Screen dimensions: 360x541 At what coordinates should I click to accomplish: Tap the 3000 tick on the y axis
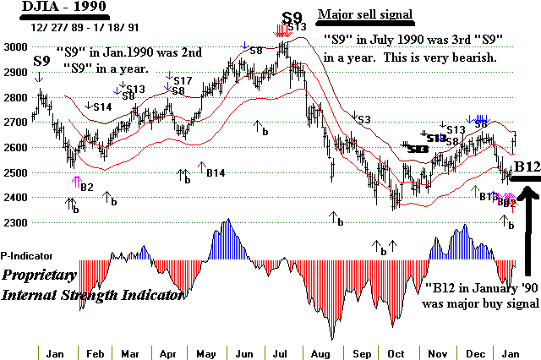(16, 47)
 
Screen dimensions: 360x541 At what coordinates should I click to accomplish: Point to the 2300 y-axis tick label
(16, 222)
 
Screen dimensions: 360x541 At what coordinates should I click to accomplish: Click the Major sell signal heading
(365, 15)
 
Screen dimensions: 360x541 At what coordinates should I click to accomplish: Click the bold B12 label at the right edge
(527, 166)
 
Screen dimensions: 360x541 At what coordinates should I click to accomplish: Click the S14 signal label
(102, 107)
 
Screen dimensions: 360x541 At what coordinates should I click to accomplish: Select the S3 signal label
(363, 120)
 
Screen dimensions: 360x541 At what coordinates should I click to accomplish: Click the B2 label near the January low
(87, 187)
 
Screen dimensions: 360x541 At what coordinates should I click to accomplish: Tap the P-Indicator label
(25, 254)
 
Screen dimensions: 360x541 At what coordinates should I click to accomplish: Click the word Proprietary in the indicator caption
(40, 275)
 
